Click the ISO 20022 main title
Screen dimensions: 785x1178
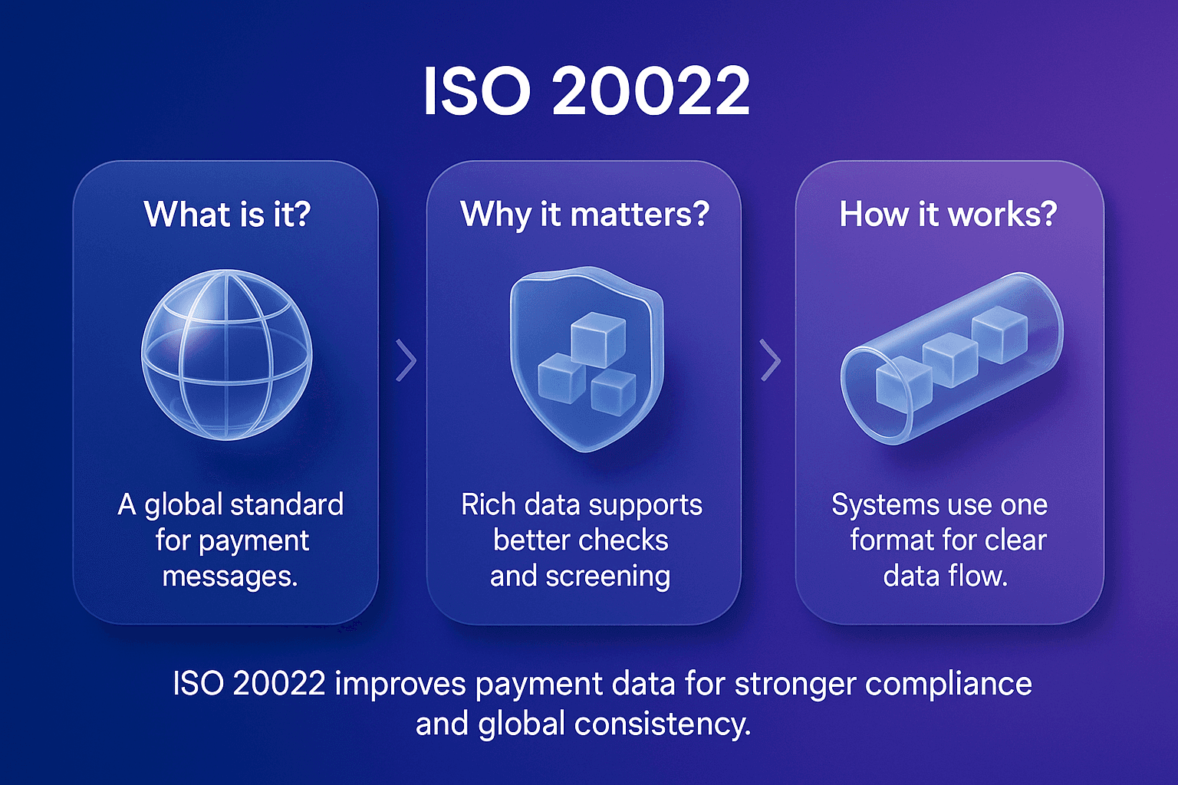coord(587,91)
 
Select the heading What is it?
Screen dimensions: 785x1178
coord(227,214)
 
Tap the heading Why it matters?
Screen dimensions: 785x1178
coord(584,214)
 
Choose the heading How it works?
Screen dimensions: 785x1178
coord(948,214)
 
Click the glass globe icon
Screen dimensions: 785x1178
coord(227,354)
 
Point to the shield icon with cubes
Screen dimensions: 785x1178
coord(586,358)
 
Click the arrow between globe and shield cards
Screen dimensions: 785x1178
coord(406,360)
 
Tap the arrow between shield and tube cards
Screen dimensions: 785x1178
coord(770,360)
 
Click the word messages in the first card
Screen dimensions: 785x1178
coord(229,576)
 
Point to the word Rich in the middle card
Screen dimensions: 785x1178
coord(488,504)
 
